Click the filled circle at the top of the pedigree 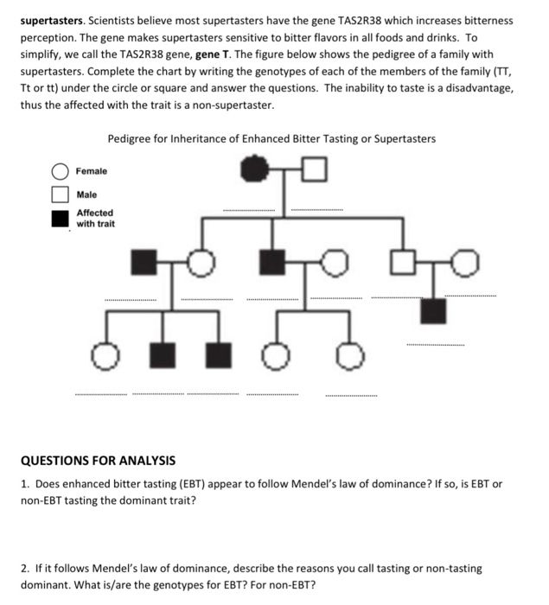[253, 169]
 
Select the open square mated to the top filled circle [316, 169]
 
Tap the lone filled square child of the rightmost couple [433, 310]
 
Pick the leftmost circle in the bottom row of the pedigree [104, 353]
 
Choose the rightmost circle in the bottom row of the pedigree [350, 354]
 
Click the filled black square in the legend [60, 218]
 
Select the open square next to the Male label [60, 195]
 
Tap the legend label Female [92, 172]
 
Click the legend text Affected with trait [95, 218]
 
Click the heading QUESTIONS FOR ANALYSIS [98, 461]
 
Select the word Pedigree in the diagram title [129, 139]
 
